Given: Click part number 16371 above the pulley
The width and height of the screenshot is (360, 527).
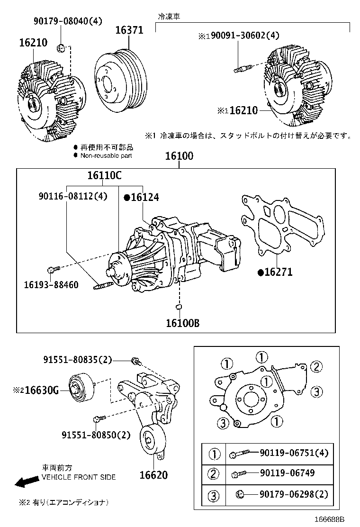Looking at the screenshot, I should click(129, 31).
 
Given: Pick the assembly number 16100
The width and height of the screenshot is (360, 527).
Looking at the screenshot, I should click(179, 156).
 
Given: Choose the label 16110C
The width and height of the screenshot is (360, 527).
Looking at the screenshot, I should click(104, 176).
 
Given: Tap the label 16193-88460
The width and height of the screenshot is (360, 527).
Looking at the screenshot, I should click(51, 285).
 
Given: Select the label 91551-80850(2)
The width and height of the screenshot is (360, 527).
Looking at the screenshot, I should click(96, 435).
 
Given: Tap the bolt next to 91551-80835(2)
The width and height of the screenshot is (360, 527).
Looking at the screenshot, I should click(136, 362).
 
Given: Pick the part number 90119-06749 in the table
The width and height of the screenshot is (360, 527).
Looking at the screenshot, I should click(287, 473).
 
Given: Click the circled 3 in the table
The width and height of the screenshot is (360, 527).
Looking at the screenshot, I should click(214, 496).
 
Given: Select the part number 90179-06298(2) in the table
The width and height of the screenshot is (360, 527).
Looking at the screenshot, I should click(293, 494).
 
